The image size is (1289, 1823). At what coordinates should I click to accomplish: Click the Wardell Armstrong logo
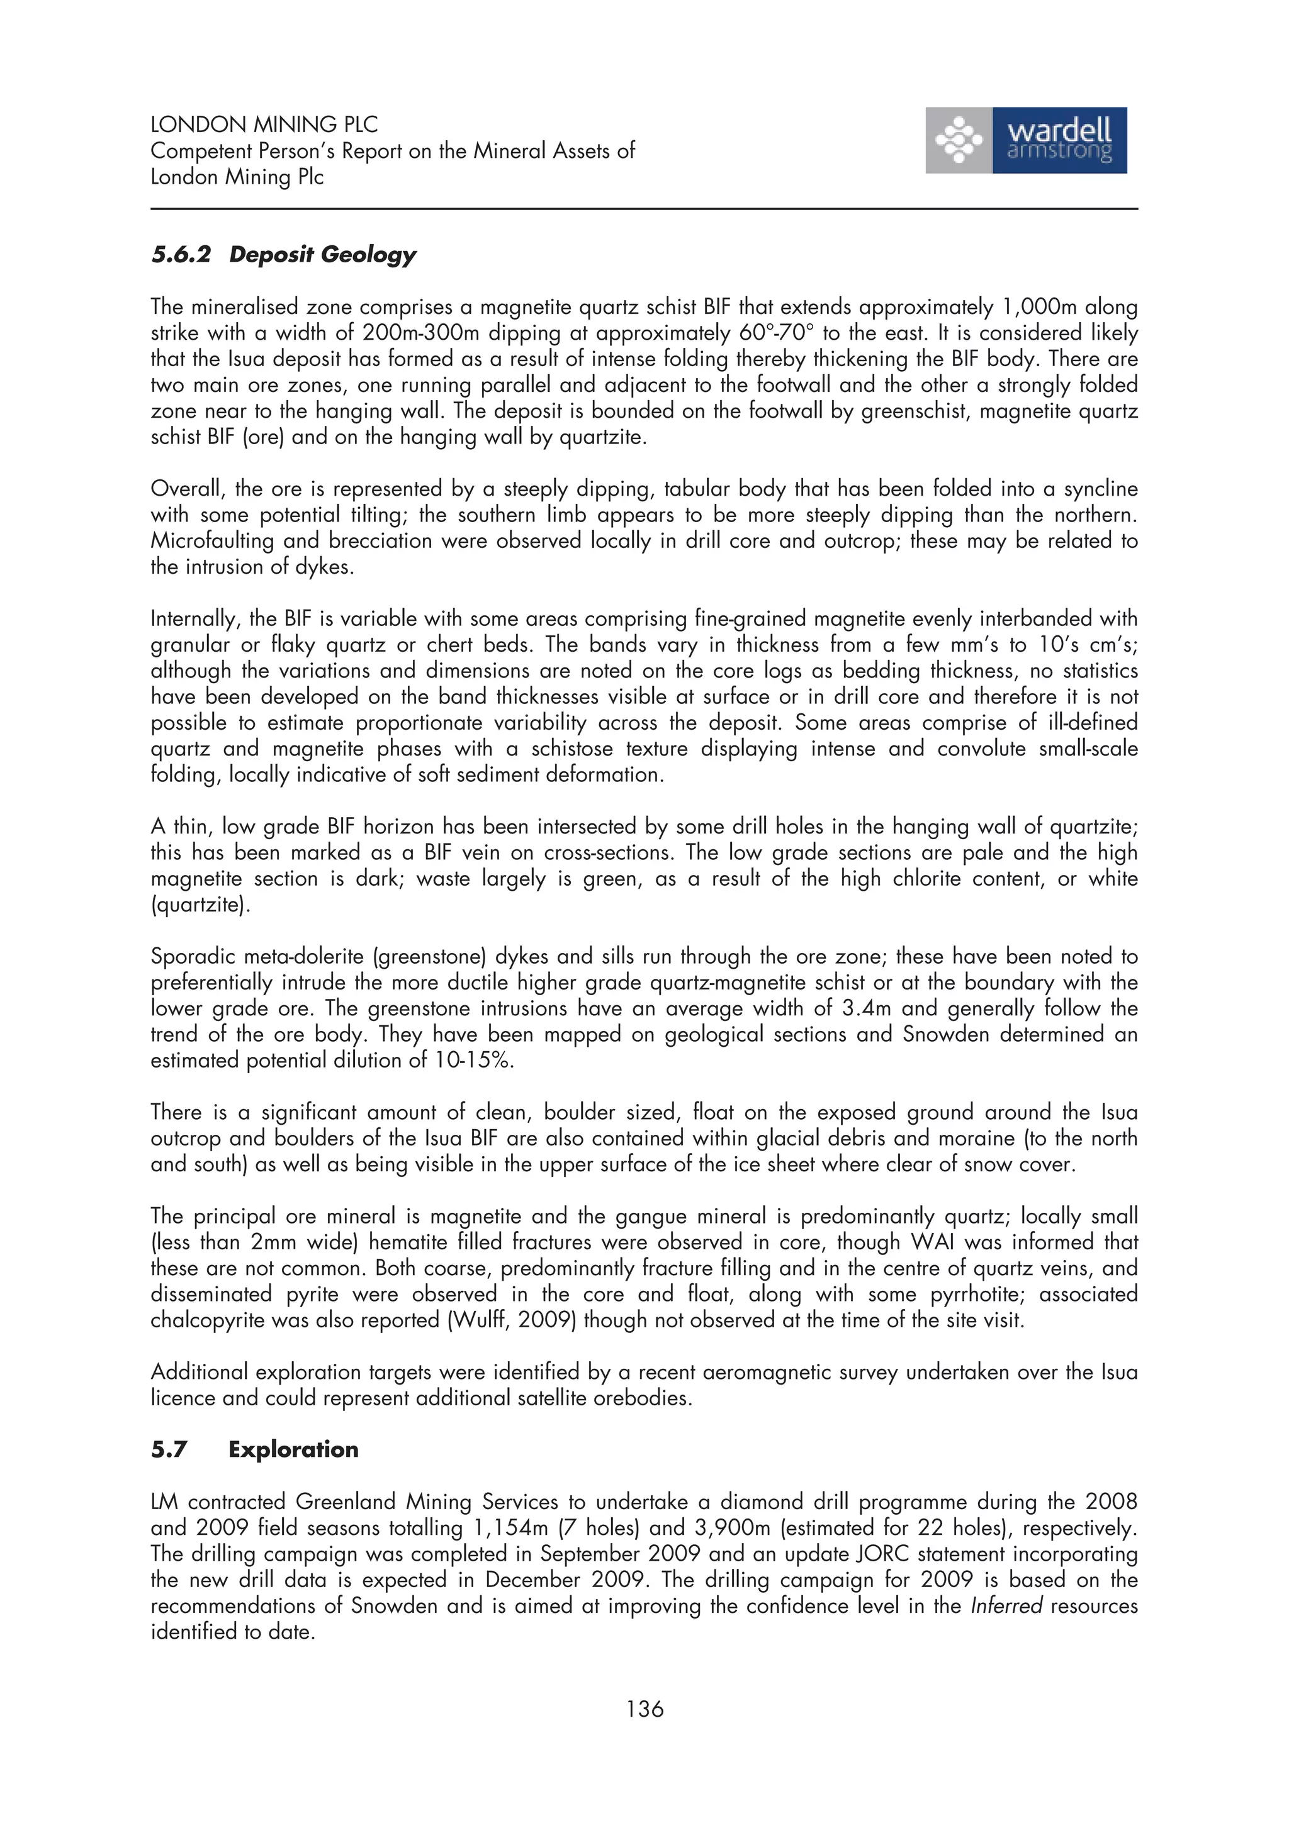pos(1025,140)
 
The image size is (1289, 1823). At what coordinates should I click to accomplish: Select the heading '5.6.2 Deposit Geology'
pos(283,255)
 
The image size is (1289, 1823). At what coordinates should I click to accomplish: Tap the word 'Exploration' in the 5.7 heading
pos(293,1449)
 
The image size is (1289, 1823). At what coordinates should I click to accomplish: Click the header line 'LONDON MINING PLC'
pos(264,125)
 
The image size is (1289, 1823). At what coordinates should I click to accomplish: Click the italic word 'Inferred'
pos(1006,1606)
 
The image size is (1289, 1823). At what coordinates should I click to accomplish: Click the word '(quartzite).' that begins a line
pos(200,905)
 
